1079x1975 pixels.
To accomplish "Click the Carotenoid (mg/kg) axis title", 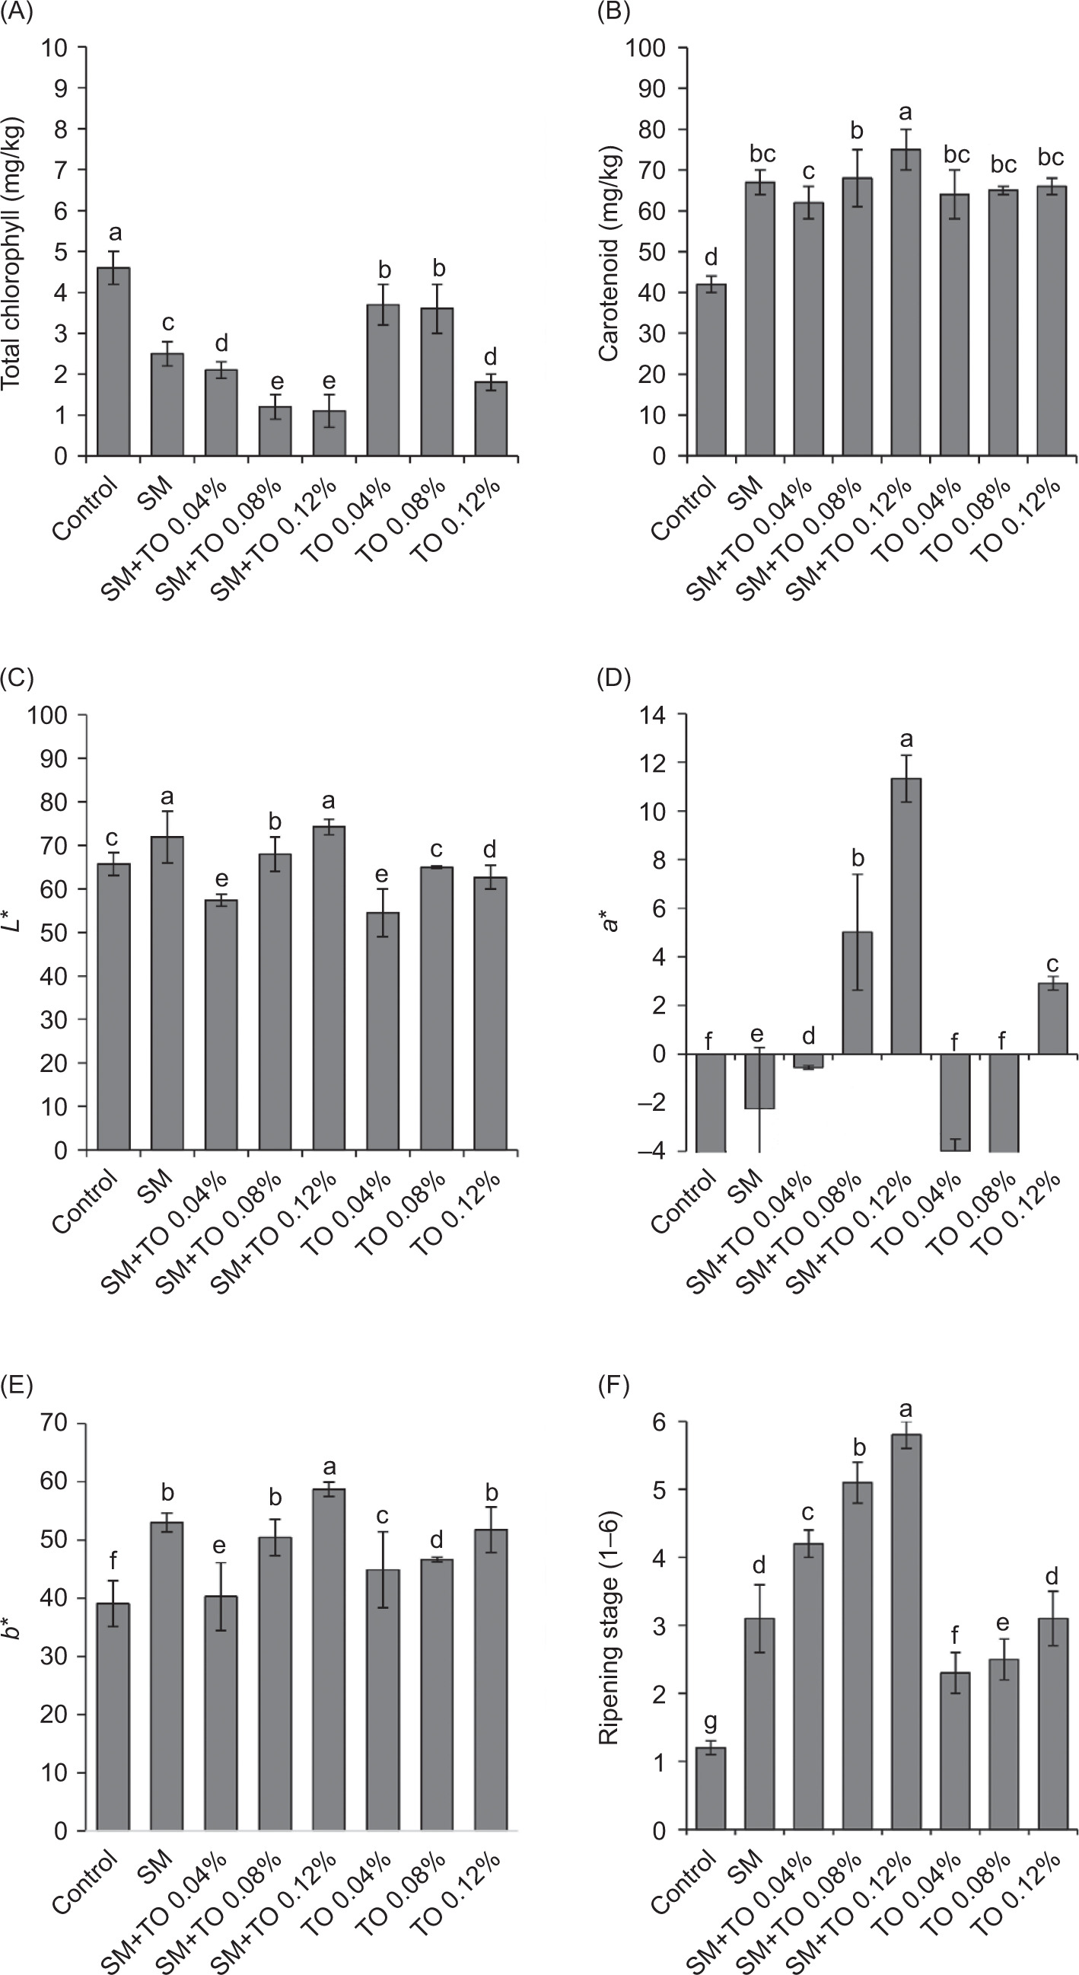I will click(x=610, y=253).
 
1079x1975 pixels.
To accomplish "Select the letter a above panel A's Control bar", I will click(x=113, y=233).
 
